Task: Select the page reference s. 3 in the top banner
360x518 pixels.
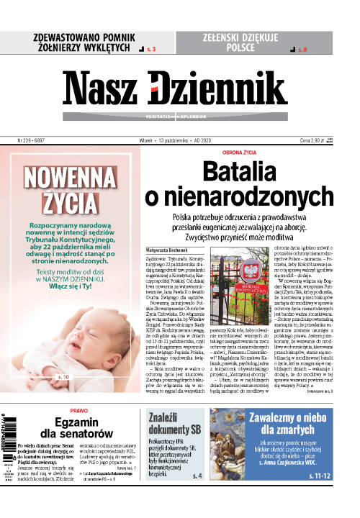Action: pos(150,49)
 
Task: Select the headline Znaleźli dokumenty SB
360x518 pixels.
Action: pos(179,427)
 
